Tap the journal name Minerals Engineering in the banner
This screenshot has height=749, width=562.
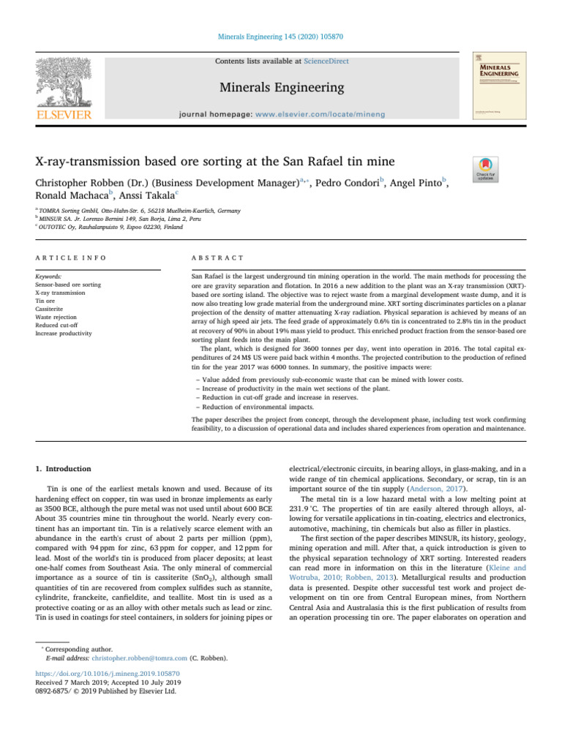(x=280, y=89)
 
